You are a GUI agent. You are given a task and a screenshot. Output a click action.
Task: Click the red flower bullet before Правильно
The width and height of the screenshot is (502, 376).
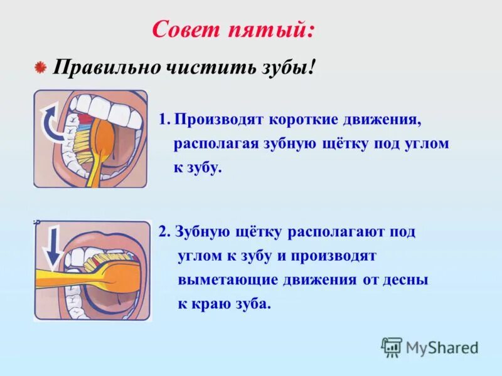40,67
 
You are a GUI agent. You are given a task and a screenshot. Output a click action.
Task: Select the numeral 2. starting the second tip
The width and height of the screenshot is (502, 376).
164,232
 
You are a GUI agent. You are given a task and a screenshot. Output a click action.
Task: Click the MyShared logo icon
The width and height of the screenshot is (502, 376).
392,347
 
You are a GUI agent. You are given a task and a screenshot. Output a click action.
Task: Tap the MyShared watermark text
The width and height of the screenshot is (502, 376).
442,347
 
